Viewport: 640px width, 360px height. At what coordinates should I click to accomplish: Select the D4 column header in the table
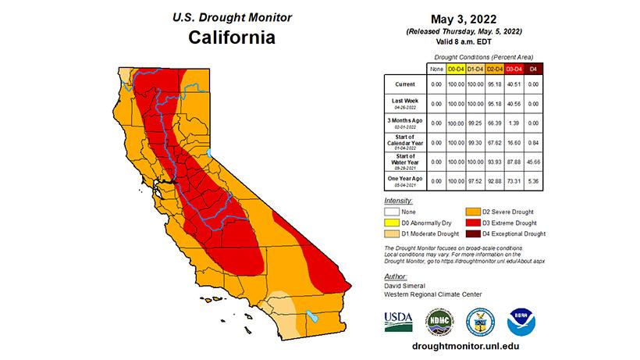click(x=533, y=69)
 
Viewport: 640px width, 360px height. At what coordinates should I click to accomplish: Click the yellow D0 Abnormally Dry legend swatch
click(x=396, y=222)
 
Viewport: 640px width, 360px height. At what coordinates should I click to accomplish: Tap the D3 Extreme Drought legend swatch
click(x=475, y=222)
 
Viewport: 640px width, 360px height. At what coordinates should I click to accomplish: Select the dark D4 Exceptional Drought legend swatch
click(x=475, y=233)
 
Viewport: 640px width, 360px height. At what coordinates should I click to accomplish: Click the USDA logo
click(x=398, y=320)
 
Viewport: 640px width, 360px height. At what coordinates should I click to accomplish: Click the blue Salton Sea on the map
click(x=311, y=317)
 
